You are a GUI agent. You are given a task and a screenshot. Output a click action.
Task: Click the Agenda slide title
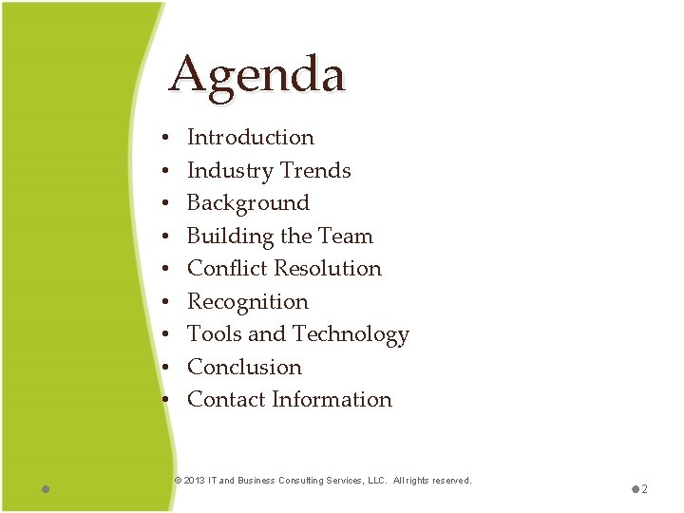pos(256,74)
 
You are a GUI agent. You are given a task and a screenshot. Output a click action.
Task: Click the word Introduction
pos(250,138)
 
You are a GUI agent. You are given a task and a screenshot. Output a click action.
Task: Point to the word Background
pos(248,203)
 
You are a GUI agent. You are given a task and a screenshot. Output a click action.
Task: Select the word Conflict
pos(222,269)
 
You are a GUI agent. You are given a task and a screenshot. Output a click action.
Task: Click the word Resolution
pos(326,269)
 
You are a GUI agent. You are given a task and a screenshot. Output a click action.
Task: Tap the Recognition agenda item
pos(248,302)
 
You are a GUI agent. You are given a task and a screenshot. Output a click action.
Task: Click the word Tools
pos(214,334)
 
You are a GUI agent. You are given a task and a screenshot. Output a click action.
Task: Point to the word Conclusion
pos(244,368)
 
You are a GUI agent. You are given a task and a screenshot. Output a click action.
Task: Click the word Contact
pos(225,400)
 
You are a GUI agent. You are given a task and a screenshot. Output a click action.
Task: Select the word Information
pos(332,400)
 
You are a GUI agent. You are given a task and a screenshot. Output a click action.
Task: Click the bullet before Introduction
pos(164,139)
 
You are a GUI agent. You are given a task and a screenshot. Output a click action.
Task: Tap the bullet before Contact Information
pos(164,401)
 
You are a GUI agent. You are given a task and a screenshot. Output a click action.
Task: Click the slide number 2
pos(644,489)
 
